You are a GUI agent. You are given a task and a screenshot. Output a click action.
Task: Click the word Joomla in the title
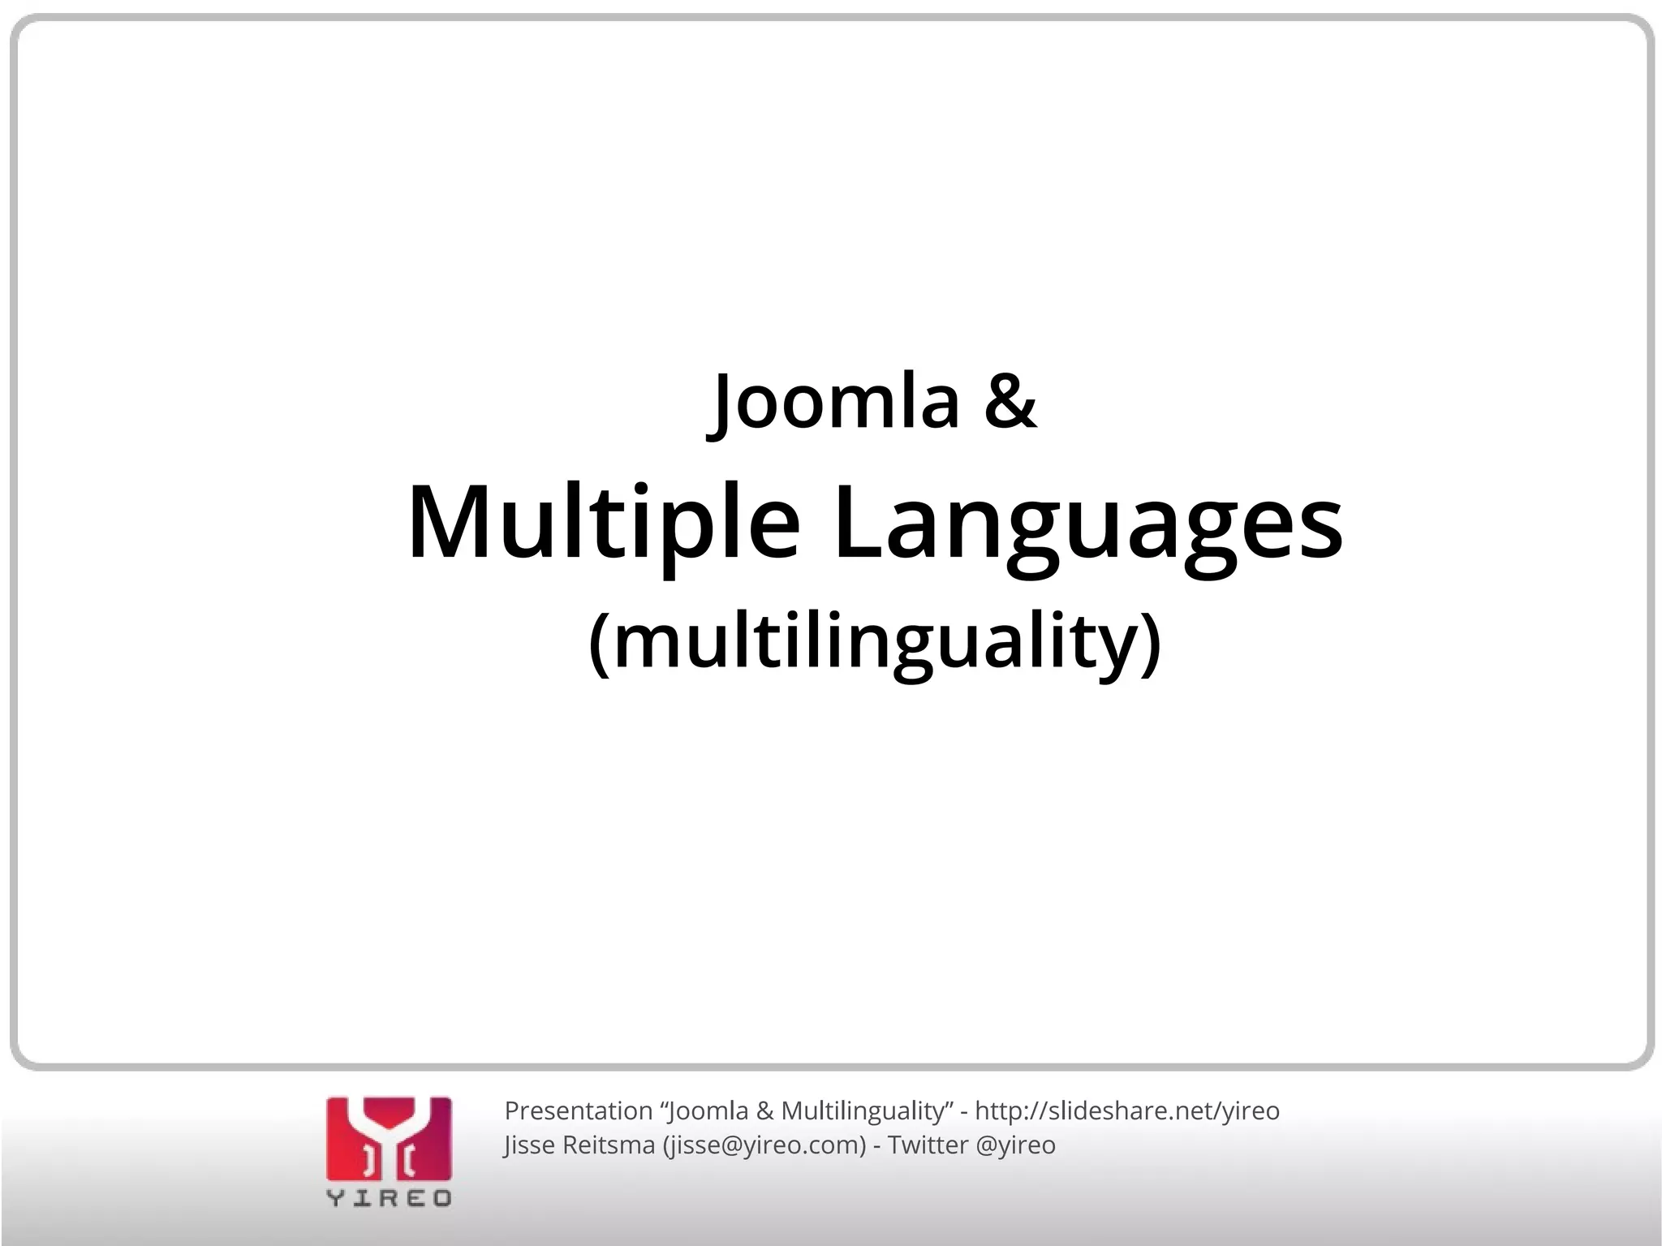[x=836, y=402]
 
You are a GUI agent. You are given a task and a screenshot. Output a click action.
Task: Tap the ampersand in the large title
[x=1010, y=402]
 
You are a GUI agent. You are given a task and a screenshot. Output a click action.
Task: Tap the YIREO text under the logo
[x=389, y=1198]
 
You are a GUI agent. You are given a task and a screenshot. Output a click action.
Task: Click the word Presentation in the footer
[x=579, y=1110]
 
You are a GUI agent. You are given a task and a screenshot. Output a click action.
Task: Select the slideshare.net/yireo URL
[x=1126, y=1110]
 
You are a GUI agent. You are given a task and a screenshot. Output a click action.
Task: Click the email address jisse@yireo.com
[x=764, y=1145]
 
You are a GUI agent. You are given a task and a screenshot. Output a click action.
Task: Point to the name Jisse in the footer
[x=528, y=1145]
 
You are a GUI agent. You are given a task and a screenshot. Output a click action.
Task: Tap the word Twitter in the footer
[x=928, y=1145]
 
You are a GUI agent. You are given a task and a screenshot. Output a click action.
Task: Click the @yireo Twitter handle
[x=1015, y=1145]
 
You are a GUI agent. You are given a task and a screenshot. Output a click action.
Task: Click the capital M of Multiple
[x=449, y=521]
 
